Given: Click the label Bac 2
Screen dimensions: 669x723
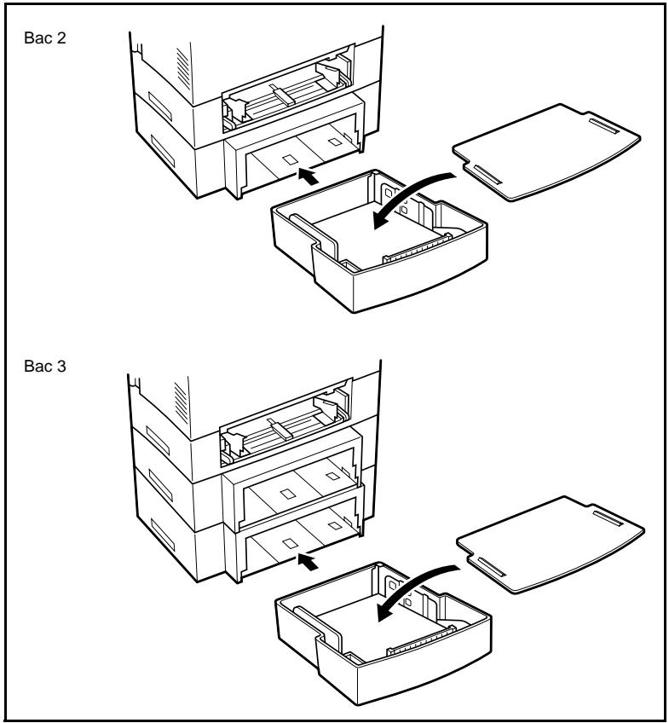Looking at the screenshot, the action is pyautogui.click(x=44, y=38).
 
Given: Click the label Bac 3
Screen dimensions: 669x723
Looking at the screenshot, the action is pyautogui.click(x=44, y=366).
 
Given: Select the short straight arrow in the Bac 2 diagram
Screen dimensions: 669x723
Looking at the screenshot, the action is pyautogui.click(x=308, y=176).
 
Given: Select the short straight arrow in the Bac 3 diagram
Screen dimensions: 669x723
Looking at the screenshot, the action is pyautogui.click(x=308, y=562).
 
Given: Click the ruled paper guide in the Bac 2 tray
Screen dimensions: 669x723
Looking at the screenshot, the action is pyautogui.click(x=417, y=248).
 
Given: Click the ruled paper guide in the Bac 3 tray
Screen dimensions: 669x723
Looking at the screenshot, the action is pyautogui.click(x=422, y=640).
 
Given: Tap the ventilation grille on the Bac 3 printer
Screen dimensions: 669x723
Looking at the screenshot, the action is pyautogui.click(x=181, y=402).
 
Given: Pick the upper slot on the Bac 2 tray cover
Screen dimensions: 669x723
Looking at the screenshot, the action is pyautogui.click(x=604, y=126).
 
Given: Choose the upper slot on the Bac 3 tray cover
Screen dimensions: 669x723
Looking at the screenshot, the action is pyautogui.click(x=608, y=518).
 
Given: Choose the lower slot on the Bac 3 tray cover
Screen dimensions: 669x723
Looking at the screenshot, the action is pyautogui.click(x=492, y=566).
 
